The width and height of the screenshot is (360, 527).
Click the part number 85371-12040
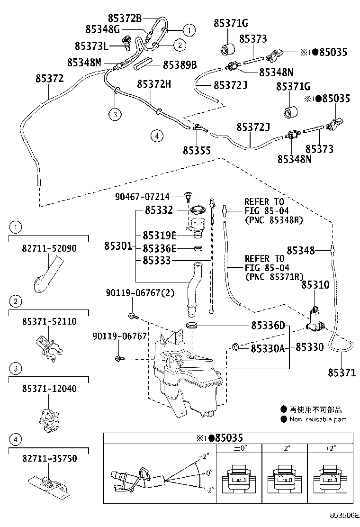click(x=49, y=389)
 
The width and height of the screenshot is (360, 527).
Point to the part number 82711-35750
click(x=49, y=459)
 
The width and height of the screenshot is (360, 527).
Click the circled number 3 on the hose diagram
click(x=115, y=113)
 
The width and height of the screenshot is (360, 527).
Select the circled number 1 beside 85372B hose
click(x=189, y=30)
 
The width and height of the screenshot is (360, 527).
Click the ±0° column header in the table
click(x=240, y=447)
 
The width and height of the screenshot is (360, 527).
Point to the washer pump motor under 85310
click(x=315, y=318)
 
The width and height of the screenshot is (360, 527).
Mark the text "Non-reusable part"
click(x=318, y=419)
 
